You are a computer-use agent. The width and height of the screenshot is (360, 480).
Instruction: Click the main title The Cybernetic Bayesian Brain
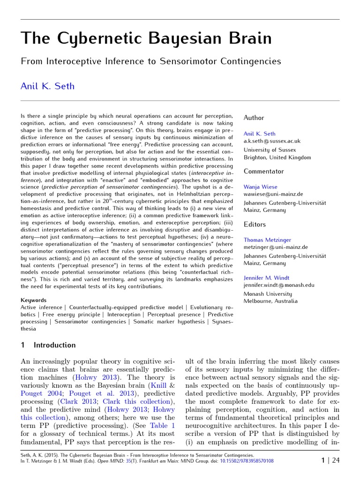point(146,38)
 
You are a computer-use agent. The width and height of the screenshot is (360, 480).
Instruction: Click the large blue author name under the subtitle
point(47,86)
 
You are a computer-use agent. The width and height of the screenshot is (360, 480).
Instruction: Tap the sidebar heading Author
point(254,118)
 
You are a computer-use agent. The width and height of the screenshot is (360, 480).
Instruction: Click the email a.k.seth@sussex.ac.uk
point(272,141)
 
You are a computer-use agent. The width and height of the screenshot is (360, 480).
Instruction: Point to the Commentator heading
point(263,172)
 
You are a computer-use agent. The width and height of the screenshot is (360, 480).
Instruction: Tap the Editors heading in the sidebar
point(255,225)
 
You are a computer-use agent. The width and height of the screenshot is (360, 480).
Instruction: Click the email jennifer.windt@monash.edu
point(279,285)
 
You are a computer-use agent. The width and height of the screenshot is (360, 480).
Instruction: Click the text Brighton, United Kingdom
point(277,157)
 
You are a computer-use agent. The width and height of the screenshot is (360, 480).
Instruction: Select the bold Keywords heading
point(33,300)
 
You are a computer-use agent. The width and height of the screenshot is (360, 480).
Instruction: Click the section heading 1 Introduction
point(48,345)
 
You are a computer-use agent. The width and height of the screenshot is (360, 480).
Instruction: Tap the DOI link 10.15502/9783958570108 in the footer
point(247,461)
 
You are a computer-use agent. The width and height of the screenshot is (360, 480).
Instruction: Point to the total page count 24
point(336,460)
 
